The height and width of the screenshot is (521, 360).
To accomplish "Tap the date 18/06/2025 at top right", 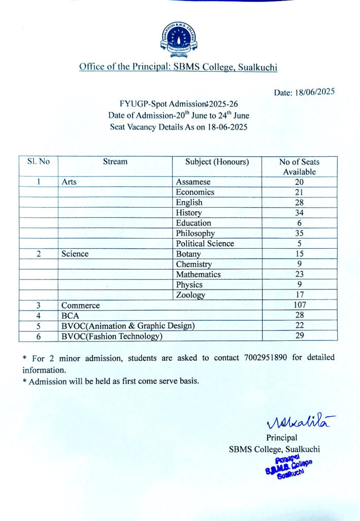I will pos(304,92).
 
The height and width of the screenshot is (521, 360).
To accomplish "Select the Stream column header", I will pos(115,162).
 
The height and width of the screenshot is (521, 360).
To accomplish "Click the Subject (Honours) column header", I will pos(217,162).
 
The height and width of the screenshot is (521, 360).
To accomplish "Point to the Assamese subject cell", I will pos(193,182).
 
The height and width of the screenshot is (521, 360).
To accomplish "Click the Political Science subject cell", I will pos(205,244).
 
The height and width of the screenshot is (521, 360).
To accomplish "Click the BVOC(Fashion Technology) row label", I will pos(111,336).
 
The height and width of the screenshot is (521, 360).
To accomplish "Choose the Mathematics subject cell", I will pos(198,275).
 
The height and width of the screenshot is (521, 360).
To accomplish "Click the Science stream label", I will pos(75,254).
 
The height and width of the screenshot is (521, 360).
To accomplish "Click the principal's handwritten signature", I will pos(299,422).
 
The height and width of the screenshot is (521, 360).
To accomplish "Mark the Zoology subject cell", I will pos(191,295).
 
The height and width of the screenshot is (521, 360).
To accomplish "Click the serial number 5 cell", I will pos(39,326).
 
